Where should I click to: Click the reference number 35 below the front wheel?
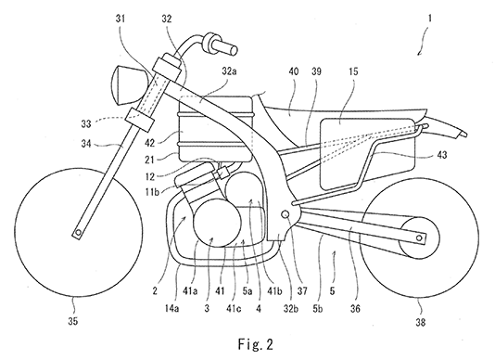[72, 321]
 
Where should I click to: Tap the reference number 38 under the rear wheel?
[420, 322]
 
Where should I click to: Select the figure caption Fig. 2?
[256, 344]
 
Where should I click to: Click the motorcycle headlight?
[129, 84]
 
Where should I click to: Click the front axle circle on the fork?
[78, 233]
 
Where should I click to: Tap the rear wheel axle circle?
[419, 238]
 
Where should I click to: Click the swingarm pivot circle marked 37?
[286, 214]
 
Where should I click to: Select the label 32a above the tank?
[229, 71]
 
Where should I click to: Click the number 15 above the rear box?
[353, 71]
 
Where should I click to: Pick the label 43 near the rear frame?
[442, 155]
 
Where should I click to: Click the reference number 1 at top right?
[429, 19]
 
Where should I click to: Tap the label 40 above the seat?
[294, 71]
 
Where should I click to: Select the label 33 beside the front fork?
[86, 124]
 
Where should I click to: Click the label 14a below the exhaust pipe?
[171, 308]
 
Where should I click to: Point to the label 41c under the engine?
[234, 308]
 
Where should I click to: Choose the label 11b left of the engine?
[152, 191]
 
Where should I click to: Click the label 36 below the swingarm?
[355, 308]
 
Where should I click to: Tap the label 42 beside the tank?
[149, 143]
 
